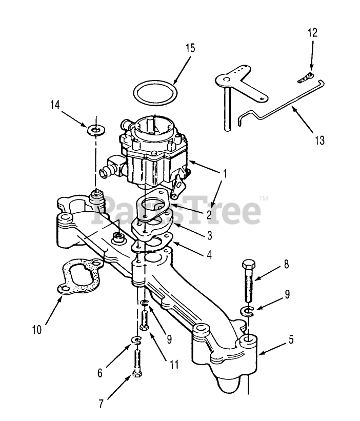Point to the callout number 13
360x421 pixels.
(320, 139)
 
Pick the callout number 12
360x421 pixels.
(312, 33)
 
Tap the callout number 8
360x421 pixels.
(286, 265)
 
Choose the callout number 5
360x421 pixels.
(291, 340)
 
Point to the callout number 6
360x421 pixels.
(101, 372)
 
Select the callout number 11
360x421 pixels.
(174, 365)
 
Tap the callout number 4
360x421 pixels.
(209, 253)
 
